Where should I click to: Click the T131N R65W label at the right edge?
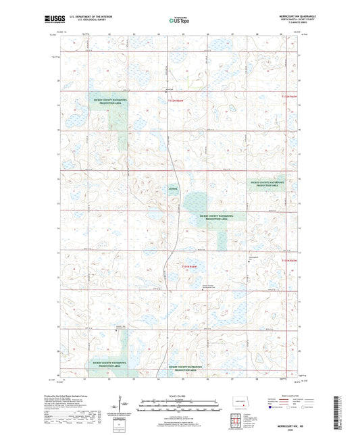[x=289, y=260]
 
